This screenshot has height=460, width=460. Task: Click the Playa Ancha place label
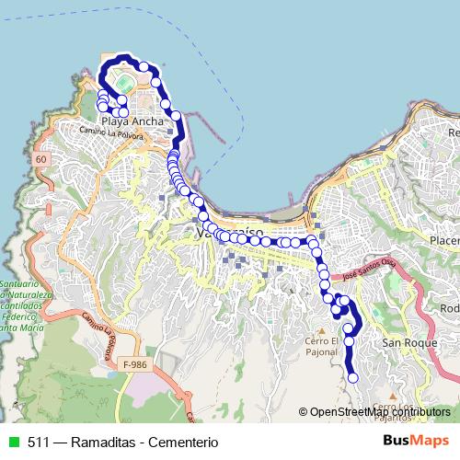click(133, 121)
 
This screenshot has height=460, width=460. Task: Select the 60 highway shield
click(40, 159)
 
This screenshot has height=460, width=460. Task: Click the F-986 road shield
click(135, 364)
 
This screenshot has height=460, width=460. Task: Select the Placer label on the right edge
click(443, 240)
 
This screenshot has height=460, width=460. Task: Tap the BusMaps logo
click(416, 440)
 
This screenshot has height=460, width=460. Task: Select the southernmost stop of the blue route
click(353, 375)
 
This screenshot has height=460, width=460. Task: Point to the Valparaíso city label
click(231, 235)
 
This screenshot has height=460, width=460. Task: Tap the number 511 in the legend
click(38, 441)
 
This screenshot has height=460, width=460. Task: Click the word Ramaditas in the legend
click(87, 441)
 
